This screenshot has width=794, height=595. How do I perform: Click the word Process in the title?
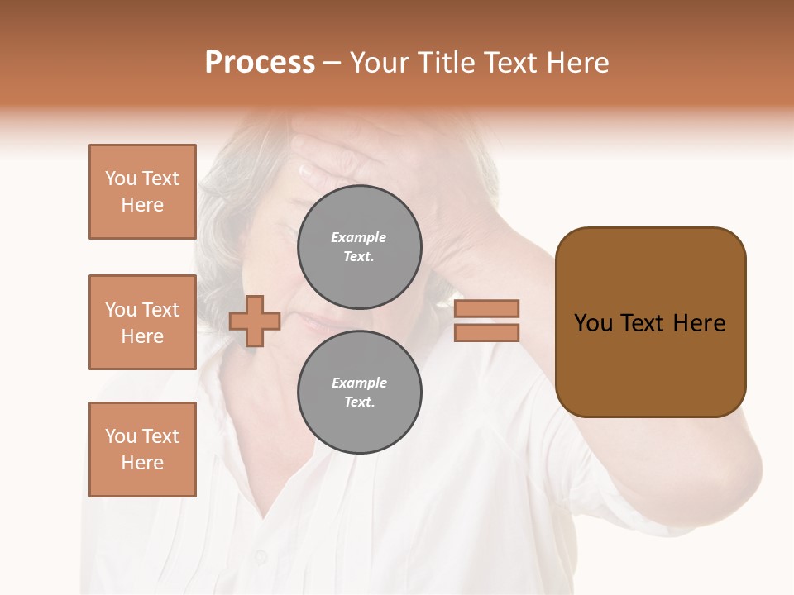coord(260,63)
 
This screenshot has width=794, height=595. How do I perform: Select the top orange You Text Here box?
coord(142,192)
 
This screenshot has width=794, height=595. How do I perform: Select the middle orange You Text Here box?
coord(142,322)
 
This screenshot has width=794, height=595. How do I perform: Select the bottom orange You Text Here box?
coord(142,450)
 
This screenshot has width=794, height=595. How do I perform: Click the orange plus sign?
coord(255,321)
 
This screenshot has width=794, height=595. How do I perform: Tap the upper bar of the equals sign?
coord(486,309)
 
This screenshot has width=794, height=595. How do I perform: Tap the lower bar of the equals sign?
coord(486,333)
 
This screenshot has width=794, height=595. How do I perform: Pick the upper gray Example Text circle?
coord(360,247)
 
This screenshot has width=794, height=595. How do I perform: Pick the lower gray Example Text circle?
coord(360,393)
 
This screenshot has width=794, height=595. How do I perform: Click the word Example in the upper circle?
coord(359,237)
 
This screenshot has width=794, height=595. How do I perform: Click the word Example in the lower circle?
coord(359,383)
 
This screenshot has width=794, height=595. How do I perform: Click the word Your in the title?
coord(377,63)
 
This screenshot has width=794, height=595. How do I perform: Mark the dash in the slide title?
coord(332,64)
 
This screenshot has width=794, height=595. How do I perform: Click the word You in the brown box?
coord(594,323)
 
